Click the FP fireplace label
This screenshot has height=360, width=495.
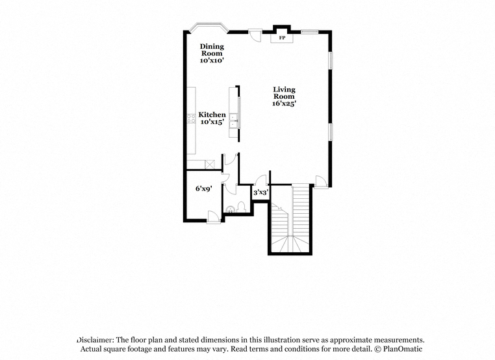(x=282, y=38)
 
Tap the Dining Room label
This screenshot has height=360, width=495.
(x=212, y=50)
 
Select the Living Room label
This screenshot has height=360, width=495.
(x=284, y=93)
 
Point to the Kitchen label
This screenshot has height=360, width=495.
(x=212, y=114)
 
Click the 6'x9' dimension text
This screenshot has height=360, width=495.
(x=203, y=189)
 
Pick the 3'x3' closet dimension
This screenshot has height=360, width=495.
(x=260, y=192)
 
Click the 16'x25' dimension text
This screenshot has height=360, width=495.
(x=284, y=103)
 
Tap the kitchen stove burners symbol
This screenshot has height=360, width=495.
(x=191, y=118)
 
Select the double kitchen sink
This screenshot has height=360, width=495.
(x=234, y=121)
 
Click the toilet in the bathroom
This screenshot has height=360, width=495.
(x=242, y=207)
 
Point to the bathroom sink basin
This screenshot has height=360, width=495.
(x=230, y=209)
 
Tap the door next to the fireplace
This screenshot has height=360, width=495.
(x=255, y=34)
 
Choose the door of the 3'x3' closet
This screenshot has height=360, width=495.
(x=261, y=180)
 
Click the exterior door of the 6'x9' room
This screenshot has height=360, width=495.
(x=214, y=217)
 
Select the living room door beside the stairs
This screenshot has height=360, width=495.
(x=322, y=181)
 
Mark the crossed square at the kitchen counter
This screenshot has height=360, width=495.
(x=210, y=164)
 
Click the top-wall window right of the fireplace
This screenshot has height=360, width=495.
(x=309, y=31)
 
